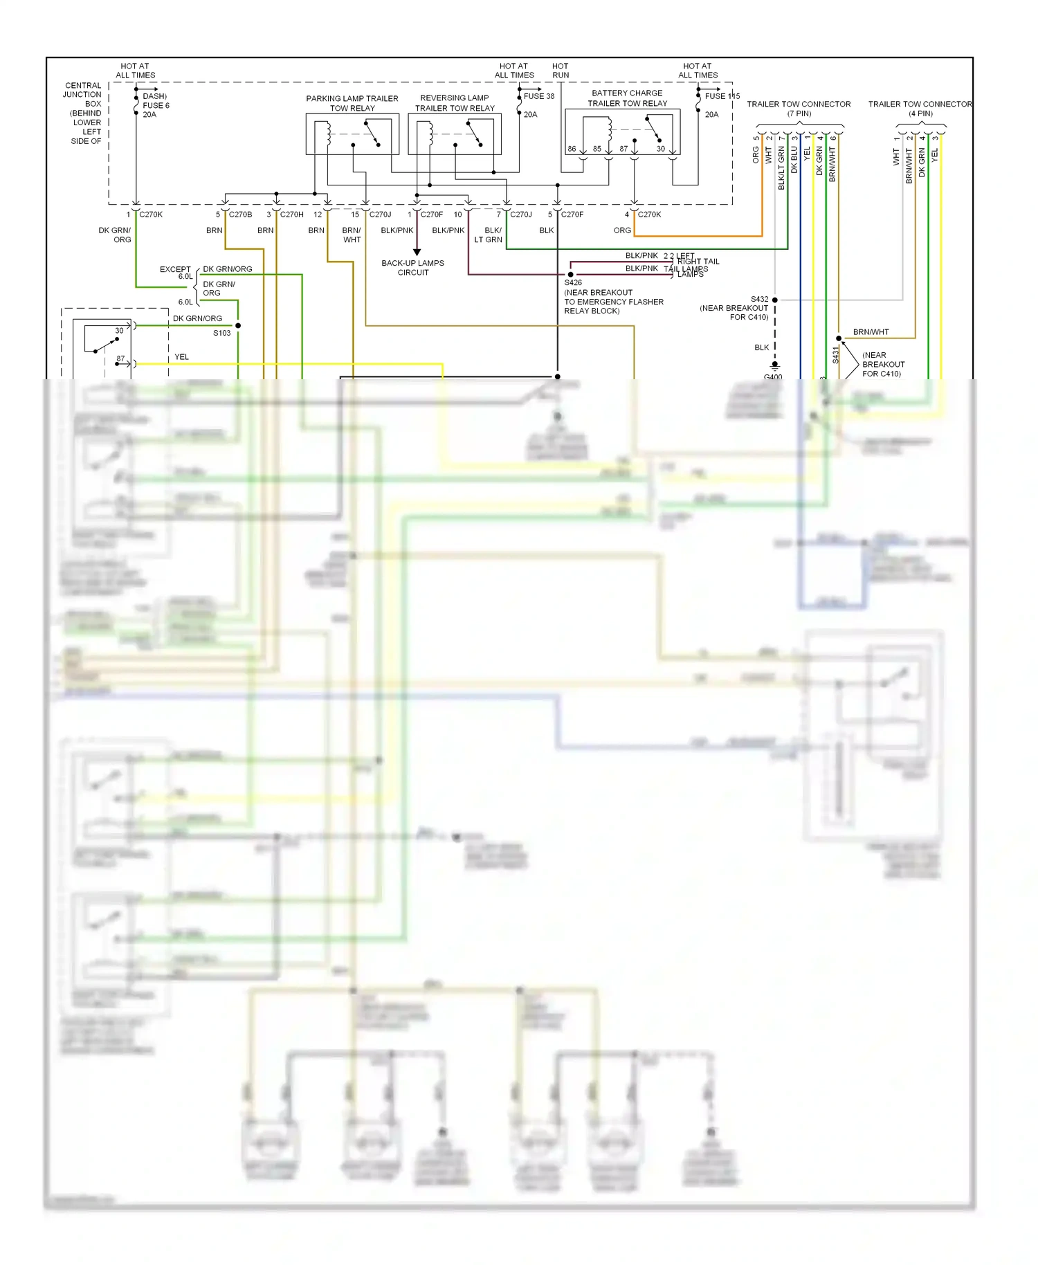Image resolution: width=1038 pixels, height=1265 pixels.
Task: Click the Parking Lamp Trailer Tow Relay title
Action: tap(352, 103)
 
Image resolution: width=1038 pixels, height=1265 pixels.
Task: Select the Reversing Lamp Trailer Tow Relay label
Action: tap(455, 103)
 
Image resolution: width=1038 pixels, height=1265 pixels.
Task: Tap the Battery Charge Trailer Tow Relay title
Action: tap(627, 98)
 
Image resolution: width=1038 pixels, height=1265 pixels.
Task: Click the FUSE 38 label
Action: tap(538, 96)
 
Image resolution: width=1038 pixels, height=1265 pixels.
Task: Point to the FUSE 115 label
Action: tap(722, 96)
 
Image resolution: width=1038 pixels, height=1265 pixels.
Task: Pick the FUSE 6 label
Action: tap(156, 105)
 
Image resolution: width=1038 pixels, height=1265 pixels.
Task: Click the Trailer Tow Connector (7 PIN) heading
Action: tap(799, 109)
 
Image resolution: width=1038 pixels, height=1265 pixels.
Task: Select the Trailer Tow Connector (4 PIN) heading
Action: tap(920, 109)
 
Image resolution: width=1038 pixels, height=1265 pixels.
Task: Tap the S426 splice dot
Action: tap(570, 275)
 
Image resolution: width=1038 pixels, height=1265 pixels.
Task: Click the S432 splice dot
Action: tap(775, 300)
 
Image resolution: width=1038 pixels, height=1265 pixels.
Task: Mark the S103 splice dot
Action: tap(238, 325)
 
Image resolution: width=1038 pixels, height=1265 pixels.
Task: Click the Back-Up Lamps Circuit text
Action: tap(413, 268)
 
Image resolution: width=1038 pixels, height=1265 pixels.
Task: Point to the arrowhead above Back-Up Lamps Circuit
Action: tap(417, 252)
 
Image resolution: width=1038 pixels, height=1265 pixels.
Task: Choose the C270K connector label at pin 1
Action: tap(151, 215)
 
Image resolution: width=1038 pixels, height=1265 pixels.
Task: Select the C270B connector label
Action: tap(240, 215)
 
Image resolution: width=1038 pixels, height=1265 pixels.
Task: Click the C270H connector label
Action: tap(291, 215)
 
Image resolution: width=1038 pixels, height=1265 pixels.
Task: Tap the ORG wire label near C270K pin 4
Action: tap(622, 230)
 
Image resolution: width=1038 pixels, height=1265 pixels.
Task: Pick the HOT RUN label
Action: tap(561, 71)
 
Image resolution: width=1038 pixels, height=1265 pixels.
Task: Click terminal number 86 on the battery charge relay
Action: tap(572, 149)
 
